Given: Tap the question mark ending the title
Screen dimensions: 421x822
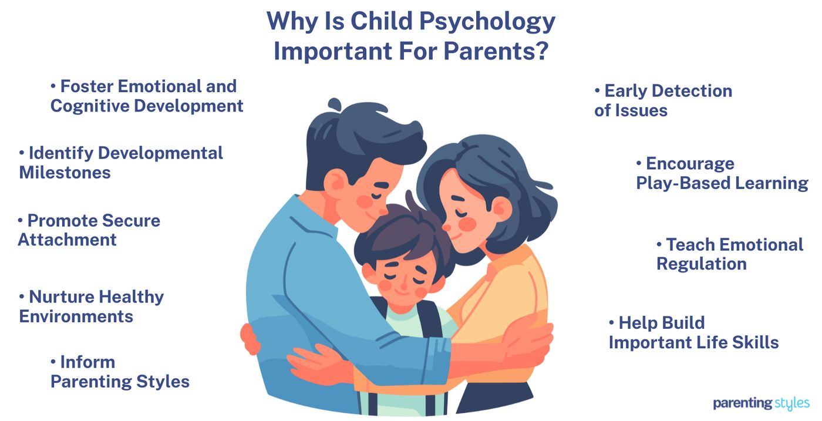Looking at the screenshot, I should click(x=541, y=50).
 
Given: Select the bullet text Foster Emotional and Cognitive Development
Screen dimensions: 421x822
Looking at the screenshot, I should click(x=147, y=96).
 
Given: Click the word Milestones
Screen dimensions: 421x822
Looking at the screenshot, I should click(x=65, y=173).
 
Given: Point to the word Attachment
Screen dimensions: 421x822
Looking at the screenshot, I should click(x=68, y=240).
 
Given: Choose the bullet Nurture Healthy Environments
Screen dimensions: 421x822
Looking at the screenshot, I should click(x=91, y=306).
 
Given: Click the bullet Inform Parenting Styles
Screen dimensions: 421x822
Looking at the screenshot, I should click(x=120, y=372).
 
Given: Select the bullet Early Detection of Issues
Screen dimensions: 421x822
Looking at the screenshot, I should click(x=663, y=100).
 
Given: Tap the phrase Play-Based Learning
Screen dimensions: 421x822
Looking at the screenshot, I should click(x=722, y=183).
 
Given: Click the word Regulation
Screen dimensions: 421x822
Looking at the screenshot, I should click(x=701, y=264).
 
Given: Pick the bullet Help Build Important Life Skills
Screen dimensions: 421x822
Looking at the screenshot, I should click(x=693, y=332).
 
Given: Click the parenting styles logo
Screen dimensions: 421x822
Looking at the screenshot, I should click(x=761, y=403).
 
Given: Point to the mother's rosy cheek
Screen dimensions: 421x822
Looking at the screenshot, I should click(x=467, y=223).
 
